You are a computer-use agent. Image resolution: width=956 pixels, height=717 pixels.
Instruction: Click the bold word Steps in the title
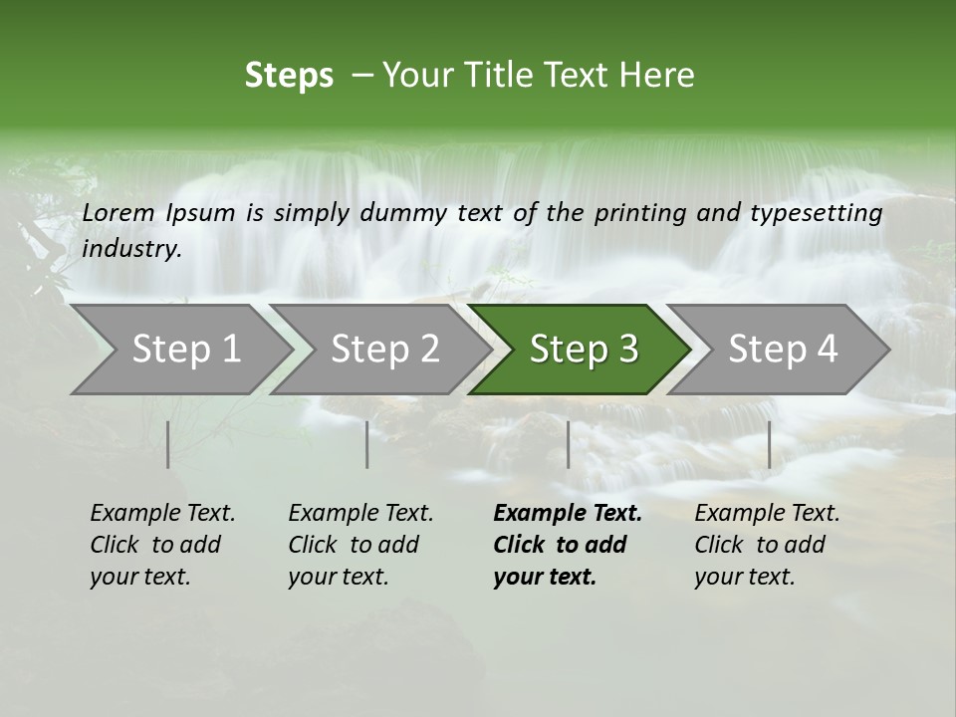(289, 76)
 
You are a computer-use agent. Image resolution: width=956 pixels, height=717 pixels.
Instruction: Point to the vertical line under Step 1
(168, 444)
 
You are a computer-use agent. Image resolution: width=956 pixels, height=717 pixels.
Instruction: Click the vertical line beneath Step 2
(367, 444)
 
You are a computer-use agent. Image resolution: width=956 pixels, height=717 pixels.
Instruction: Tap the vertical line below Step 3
(569, 444)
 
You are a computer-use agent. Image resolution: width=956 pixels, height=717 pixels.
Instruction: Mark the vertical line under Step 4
(770, 444)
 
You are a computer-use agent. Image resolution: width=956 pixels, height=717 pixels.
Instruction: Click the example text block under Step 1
(162, 545)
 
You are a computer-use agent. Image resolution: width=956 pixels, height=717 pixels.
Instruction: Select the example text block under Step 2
(360, 545)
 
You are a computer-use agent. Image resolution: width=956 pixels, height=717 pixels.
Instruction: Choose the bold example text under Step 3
(568, 545)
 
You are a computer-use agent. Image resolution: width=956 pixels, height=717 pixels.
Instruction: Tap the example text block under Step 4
(767, 545)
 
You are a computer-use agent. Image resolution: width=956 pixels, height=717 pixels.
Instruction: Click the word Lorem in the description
(119, 212)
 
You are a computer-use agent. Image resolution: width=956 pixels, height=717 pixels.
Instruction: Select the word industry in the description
(131, 249)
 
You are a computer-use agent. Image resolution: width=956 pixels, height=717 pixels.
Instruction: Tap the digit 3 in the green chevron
(627, 350)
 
